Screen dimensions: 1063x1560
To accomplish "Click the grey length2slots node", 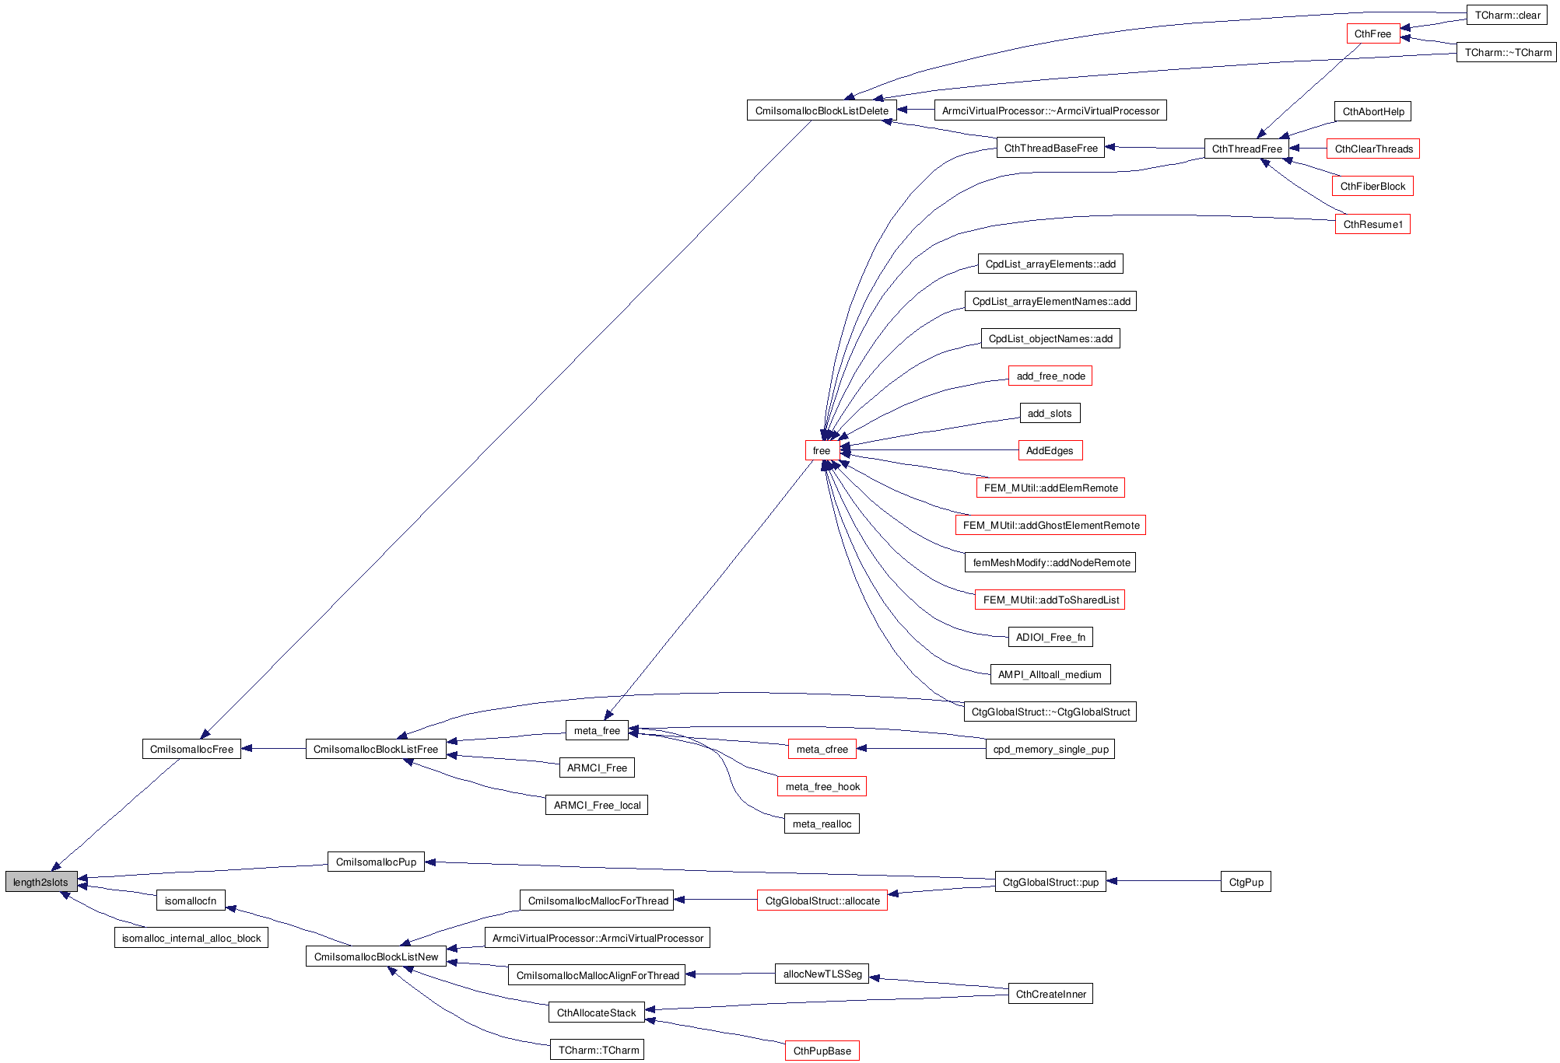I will coord(40,882).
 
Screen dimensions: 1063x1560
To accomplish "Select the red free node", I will coord(821,450).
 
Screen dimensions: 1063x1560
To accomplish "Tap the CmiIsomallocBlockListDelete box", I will coord(821,110).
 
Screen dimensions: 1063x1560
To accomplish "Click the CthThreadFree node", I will coord(1246,149).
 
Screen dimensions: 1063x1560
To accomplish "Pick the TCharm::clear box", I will coord(1506,15).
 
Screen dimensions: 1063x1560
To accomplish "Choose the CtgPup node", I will coord(1245,882).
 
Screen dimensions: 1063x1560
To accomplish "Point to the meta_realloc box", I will coord(821,823).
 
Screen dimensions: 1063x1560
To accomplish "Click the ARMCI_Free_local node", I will coord(596,805).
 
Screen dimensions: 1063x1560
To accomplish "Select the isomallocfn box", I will coord(191,900).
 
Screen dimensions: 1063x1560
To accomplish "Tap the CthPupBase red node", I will coord(822,1051).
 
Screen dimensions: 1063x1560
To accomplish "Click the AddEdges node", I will coord(1050,450).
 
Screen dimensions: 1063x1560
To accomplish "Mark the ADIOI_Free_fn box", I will coord(1050,637).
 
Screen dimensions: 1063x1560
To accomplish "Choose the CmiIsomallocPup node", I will coord(376,862).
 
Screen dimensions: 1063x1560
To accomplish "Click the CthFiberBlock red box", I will coord(1372,186).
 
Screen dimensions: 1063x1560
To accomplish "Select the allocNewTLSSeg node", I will coord(822,974).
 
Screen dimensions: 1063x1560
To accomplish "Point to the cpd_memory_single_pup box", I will coord(1050,749).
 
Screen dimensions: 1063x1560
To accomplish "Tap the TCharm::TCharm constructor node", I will coord(597,1050).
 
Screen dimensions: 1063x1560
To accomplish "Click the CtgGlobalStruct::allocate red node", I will coord(822,900).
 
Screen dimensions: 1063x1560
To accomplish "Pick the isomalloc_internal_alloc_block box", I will coord(191,938).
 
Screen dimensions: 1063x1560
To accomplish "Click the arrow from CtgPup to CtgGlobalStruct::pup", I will coord(1163,881).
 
